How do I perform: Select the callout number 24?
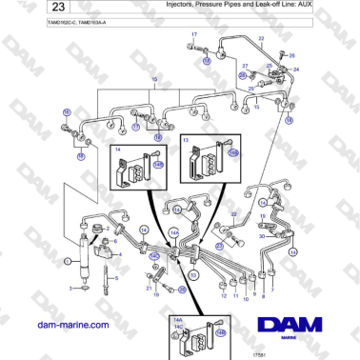click(296, 70)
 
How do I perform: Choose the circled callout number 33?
click(193, 275)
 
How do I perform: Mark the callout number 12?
click(221, 296)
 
